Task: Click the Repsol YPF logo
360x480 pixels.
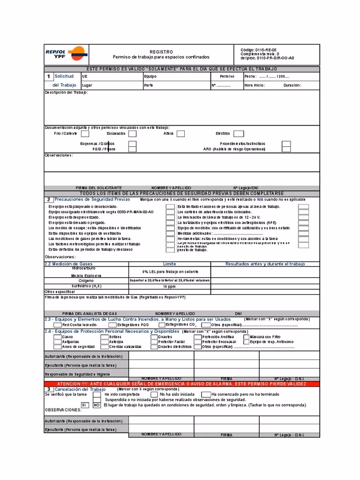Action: pos(65,54)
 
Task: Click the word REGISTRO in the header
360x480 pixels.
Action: pos(161,52)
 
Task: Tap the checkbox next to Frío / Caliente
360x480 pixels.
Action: pos(86,134)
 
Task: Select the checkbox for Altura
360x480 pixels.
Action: pos(180,134)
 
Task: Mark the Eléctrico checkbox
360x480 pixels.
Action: pos(239,134)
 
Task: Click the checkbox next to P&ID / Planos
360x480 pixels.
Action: pos(133,149)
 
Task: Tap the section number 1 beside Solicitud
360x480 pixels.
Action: pos(49,76)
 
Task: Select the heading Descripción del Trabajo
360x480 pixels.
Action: pos(66,92)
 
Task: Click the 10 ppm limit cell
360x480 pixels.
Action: pos(169,286)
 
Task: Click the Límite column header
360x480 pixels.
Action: pos(169,264)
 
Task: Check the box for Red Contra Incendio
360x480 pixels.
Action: pos(57,324)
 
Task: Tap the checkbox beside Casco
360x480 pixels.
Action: pos(57,337)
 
